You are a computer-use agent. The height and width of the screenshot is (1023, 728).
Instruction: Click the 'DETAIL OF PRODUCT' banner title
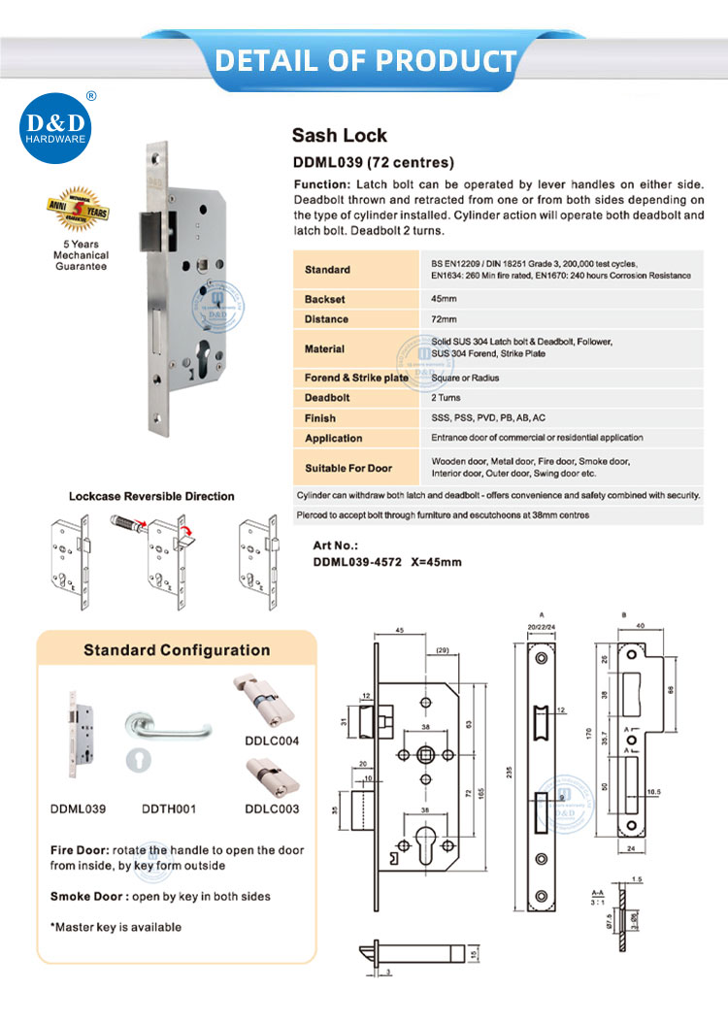(365, 60)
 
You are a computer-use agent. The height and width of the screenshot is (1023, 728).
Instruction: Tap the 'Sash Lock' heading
(339, 136)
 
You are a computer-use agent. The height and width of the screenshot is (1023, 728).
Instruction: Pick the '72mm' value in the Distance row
(444, 320)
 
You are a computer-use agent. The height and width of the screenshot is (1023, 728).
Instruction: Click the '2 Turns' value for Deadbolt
(447, 398)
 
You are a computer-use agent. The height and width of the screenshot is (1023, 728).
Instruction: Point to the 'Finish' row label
(319, 418)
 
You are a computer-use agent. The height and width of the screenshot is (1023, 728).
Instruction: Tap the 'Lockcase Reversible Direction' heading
(151, 496)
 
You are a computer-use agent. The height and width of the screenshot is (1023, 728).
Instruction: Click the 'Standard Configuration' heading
(177, 650)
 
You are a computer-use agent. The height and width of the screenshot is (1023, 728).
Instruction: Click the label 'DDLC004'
(271, 741)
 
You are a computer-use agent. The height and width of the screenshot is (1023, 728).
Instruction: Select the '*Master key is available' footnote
(116, 927)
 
